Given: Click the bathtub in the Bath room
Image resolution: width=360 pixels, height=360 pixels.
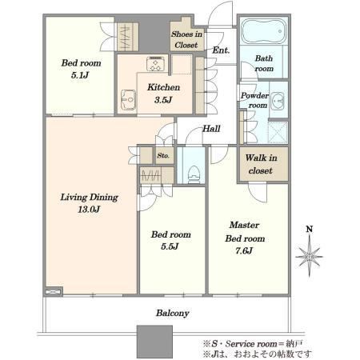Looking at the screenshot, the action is (264, 30).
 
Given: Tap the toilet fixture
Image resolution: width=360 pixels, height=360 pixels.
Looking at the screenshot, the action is (194, 174).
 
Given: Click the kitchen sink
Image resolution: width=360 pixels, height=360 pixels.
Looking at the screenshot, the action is (128, 100).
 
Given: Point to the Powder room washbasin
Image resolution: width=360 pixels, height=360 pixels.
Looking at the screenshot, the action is (278, 102).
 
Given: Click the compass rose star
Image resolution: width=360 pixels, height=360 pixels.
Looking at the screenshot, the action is (309, 257).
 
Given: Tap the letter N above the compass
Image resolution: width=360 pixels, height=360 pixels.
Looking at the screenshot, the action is (310, 229).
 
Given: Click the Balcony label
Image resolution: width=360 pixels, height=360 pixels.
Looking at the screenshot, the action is (173, 313).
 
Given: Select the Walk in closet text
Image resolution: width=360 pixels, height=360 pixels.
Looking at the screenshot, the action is (261, 164).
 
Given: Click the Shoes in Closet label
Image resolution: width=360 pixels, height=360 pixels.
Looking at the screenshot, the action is (186, 39).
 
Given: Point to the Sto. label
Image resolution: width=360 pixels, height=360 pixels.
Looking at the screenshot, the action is (163, 155).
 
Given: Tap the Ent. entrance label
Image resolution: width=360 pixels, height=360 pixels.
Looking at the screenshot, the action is (221, 50).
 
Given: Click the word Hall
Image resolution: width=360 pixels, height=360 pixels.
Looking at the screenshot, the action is (211, 129).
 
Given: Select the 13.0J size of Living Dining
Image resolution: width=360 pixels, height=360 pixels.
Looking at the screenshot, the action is (89, 210).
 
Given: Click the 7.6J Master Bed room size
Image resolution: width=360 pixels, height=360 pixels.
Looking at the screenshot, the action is (244, 250).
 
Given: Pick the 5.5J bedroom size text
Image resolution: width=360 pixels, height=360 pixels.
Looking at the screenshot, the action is (170, 246).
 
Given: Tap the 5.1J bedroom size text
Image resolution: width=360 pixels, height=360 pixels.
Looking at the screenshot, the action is (80, 75).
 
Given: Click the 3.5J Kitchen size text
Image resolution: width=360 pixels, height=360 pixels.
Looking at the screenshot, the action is (163, 100).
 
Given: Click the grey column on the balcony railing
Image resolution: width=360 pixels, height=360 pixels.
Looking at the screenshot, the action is (154, 342).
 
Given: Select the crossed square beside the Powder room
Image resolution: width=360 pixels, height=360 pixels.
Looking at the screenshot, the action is (278, 132).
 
